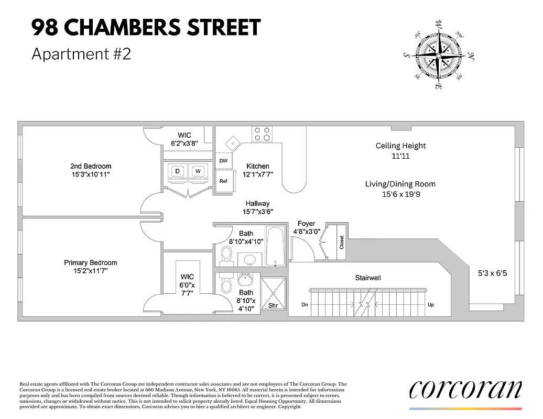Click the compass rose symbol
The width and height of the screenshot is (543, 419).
point(438,54)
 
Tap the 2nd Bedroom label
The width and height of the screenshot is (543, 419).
point(91,170)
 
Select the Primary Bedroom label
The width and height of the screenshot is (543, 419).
point(91,267)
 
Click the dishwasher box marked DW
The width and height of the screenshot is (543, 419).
point(223,161)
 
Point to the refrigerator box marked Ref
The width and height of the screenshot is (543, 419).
point(223,181)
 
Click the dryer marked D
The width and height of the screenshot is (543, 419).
point(178,171)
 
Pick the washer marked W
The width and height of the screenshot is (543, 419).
point(198,171)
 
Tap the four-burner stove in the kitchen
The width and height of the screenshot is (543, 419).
point(262,134)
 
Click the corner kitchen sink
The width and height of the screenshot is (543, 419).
point(232,142)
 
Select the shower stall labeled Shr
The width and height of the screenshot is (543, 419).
point(273,297)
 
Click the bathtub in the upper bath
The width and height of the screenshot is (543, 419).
point(276,246)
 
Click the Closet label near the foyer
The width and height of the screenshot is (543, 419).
point(342,242)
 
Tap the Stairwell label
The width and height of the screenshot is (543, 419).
point(367,278)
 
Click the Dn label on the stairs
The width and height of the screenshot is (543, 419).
point(305,305)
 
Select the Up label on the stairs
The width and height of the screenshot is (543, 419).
point(431,305)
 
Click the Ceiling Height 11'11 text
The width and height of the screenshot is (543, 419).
point(401,151)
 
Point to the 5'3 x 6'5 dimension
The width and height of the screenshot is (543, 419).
point(492,273)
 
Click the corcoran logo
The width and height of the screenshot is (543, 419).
point(465,390)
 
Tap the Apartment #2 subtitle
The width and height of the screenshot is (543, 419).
point(81,54)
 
